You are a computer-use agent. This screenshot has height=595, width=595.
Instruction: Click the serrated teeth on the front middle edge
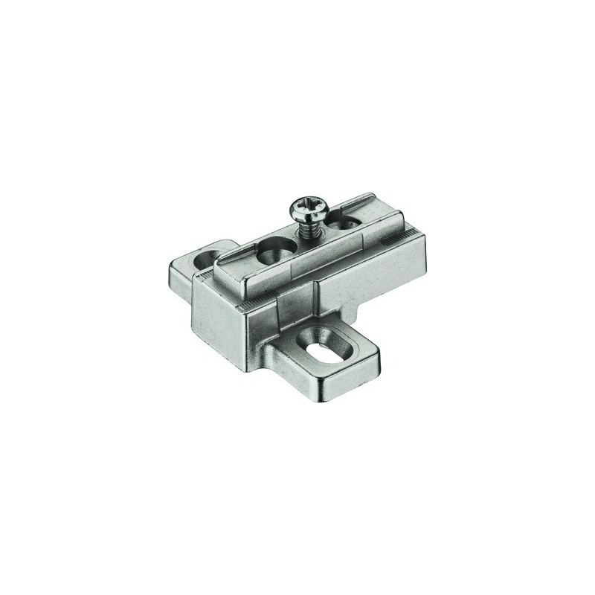[x=253, y=303]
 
